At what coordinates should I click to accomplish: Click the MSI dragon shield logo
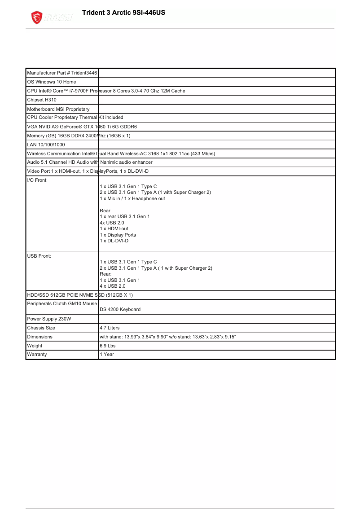click(x=37, y=18)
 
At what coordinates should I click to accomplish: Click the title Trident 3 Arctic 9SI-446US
click(x=123, y=13)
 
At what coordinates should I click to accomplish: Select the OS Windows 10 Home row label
click(x=52, y=82)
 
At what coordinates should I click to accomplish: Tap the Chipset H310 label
click(x=42, y=100)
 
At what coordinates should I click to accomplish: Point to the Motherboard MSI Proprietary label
click(x=58, y=109)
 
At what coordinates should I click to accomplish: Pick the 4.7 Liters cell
click(x=110, y=328)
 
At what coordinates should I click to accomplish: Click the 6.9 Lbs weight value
click(x=107, y=346)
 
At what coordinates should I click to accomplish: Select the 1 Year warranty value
click(x=107, y=355)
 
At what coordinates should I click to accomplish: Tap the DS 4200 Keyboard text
click(x=120, y=309)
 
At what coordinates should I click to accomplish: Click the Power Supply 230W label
click(x=49, y=319)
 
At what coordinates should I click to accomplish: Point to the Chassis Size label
click(x=41, y=328)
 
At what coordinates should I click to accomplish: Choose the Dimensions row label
click(x=40, y=337)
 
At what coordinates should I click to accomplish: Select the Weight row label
click(x=35, y=346)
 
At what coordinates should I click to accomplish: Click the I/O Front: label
click(x=37, y=180)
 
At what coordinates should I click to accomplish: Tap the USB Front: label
click(x=39, y=256)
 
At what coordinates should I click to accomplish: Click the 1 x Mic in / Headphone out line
click(x=132, y=199)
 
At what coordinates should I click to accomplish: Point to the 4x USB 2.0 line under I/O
click(x=112, y=223)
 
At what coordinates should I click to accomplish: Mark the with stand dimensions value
click(x=167, y=337)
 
